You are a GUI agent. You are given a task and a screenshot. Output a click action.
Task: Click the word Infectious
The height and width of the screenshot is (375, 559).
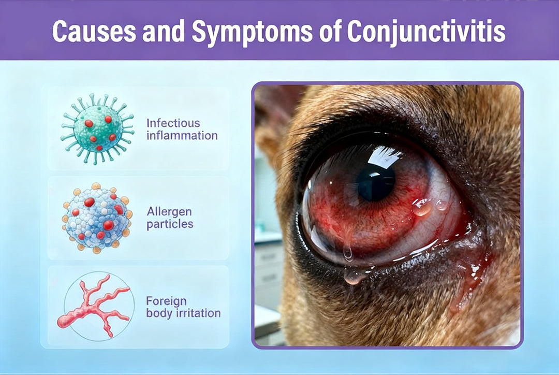coord(172,123)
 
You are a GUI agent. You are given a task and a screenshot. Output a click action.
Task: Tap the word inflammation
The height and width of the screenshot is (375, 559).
coord(182,136)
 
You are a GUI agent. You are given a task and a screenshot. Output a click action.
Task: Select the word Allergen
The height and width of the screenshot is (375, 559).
coord(169,212)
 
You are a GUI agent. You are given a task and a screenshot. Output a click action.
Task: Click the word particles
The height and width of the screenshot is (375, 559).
coord(170,225)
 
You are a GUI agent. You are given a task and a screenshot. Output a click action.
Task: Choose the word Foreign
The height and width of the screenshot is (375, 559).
coord(166,301)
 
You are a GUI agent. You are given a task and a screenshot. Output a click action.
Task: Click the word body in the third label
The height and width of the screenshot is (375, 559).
coord(158,313)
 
